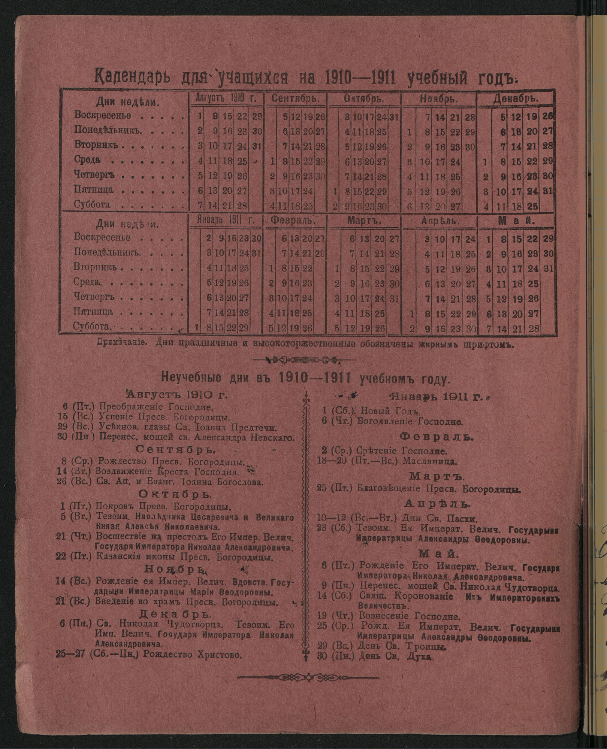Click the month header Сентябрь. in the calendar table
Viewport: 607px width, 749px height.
(295, 99)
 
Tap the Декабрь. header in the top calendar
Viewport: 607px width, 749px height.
(516, 99)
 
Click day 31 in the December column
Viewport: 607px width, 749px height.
(547, 191)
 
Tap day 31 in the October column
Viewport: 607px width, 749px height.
(394, 117)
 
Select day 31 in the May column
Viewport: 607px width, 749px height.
(547, 269)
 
